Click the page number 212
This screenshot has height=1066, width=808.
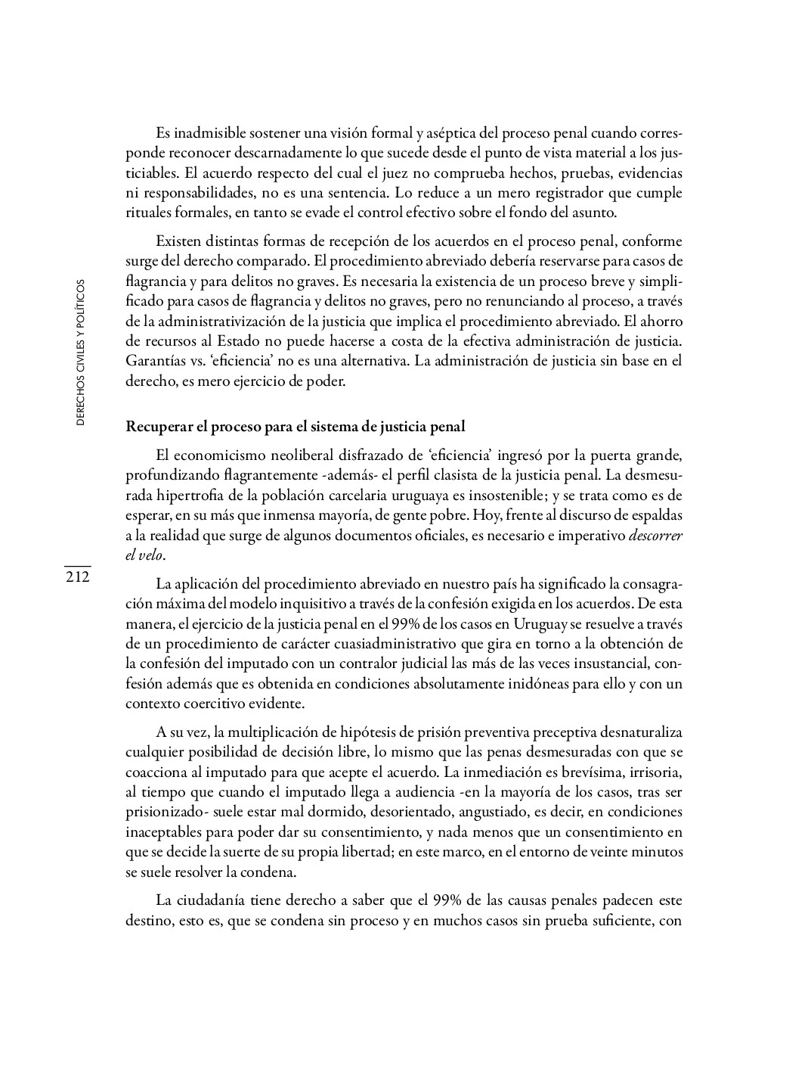point(77,578)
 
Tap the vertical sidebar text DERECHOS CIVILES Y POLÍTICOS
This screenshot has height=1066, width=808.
point(81,353)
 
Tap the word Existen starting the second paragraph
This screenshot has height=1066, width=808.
point(178,242)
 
